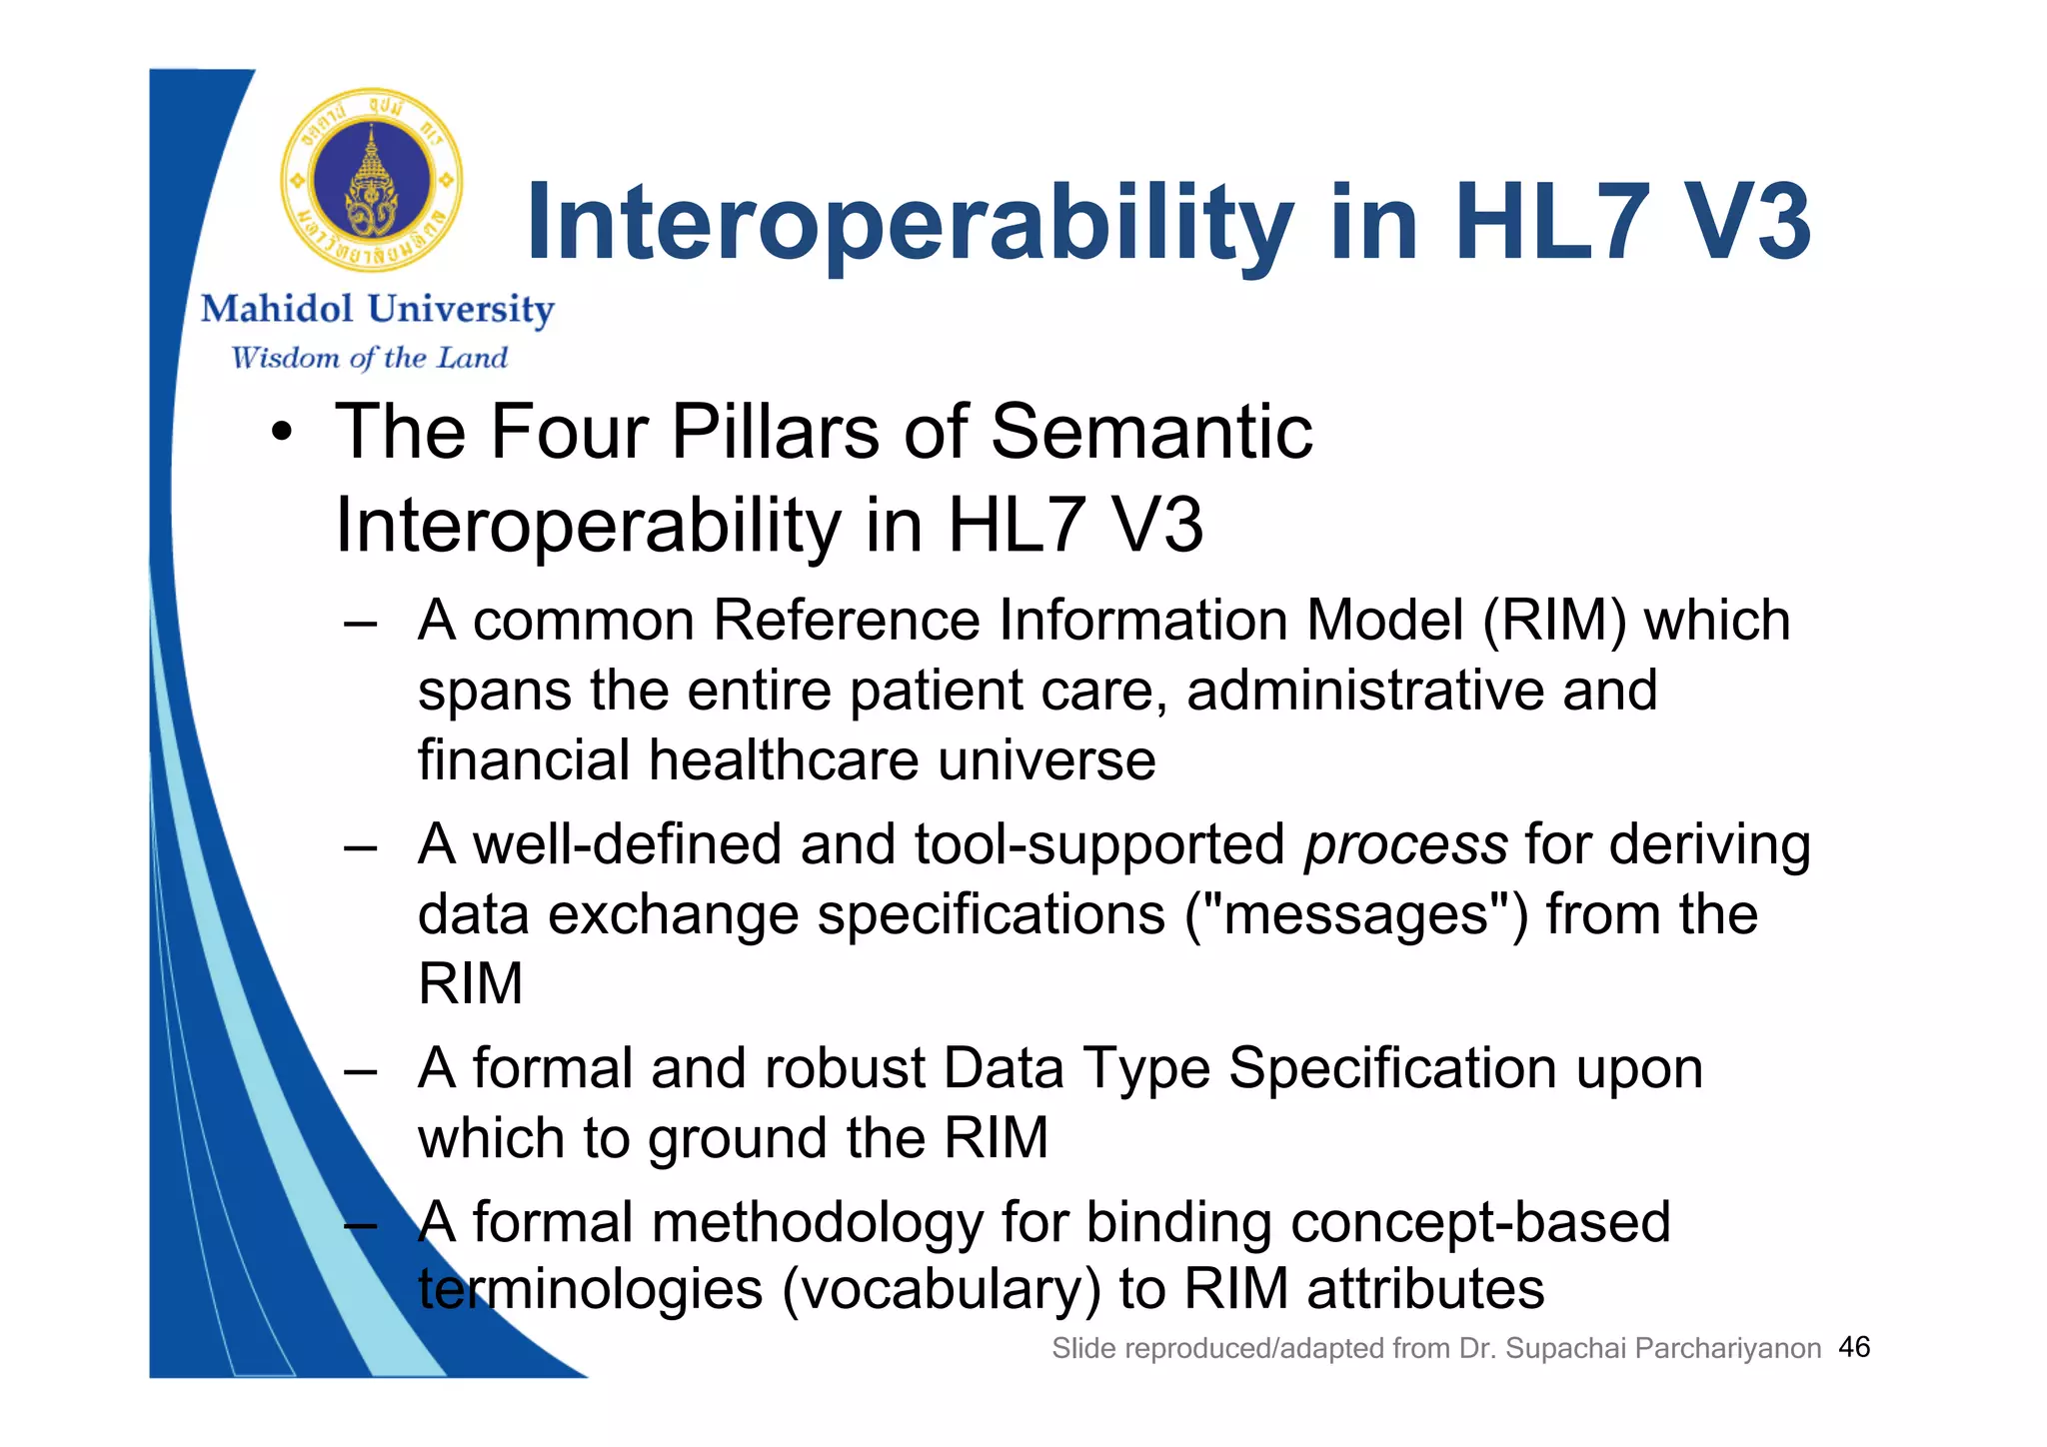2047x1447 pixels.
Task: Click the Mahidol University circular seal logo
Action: tap(371, 181)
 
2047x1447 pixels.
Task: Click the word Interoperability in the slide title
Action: tap(908, 224)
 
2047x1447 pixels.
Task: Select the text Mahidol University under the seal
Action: tap(377, 309)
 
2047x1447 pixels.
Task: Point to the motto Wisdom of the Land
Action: tap(369, 358)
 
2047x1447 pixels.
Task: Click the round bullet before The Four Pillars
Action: tap(283, 434)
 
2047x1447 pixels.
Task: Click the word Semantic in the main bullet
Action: tap(1150, 432)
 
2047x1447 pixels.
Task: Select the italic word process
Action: tap(1404, 844)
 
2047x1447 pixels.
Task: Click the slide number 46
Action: tap(1854, 1347)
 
